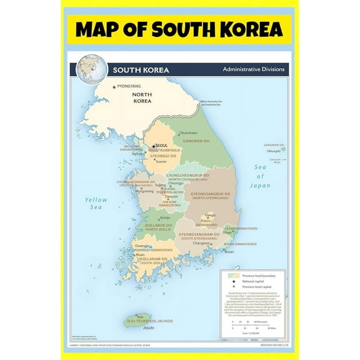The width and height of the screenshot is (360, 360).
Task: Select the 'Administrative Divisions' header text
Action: [252, 69]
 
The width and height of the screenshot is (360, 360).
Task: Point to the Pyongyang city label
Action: [129, 85]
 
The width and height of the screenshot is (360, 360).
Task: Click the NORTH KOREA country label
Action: [142, 97]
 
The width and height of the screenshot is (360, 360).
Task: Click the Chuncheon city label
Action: [188, 132]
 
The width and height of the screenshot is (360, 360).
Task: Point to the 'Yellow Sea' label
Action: [96, 204]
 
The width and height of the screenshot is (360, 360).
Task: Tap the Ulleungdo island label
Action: [272, 151]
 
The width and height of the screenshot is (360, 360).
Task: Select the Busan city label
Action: [229, 251]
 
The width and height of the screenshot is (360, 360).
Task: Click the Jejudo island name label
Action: [149, 327]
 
